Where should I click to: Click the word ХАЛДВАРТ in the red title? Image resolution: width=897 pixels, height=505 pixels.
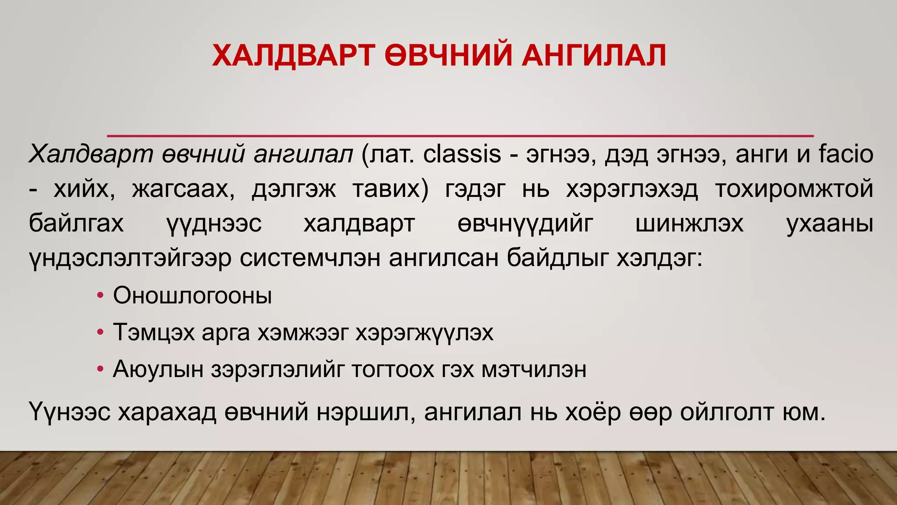pos(293,56)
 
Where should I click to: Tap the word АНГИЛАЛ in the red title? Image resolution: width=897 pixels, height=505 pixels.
pos(593,56)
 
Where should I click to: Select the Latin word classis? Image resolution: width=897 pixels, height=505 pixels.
pos(462,154)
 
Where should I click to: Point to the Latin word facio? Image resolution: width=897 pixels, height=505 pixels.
pos(846,154)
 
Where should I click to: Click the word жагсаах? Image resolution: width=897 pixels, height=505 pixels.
pos(184,189)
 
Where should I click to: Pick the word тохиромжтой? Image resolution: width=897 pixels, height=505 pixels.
pos(794,189)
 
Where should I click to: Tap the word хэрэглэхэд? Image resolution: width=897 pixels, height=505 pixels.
pos(632,189)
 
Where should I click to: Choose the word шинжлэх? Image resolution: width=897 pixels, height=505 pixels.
pos(689,224)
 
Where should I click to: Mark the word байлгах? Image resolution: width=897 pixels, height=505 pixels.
pos(76,224)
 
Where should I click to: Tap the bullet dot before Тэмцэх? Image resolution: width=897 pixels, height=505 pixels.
pos(100,333)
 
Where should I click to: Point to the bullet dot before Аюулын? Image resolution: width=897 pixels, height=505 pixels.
pos(100,370)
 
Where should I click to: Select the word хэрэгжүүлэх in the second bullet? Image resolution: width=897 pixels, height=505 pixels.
pos(424,333)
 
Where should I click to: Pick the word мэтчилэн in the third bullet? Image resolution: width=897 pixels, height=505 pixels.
pos(534,370)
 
